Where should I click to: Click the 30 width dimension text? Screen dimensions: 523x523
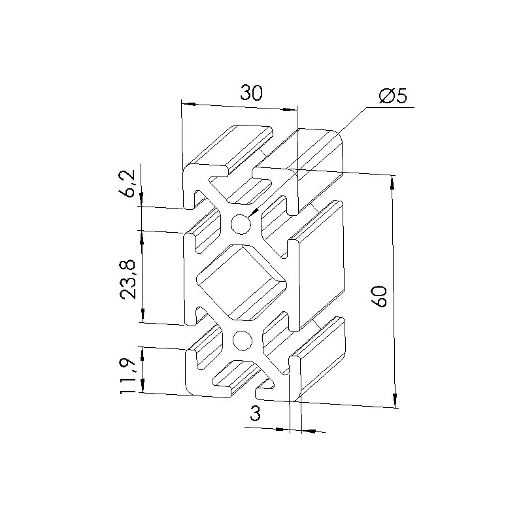tap(252, 93)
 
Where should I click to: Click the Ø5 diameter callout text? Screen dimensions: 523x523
tap(394, 96)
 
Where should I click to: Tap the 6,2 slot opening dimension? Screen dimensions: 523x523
tap(128, 183)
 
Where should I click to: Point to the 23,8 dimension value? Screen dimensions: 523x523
tap(128, 280)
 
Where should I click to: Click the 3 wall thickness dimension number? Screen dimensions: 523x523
tap(255, 414)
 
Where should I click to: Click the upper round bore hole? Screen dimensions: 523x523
tap(241, 224)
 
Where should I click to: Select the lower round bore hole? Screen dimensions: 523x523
tap(242, 341)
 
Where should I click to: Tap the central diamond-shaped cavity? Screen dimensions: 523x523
tap(241, 282)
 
